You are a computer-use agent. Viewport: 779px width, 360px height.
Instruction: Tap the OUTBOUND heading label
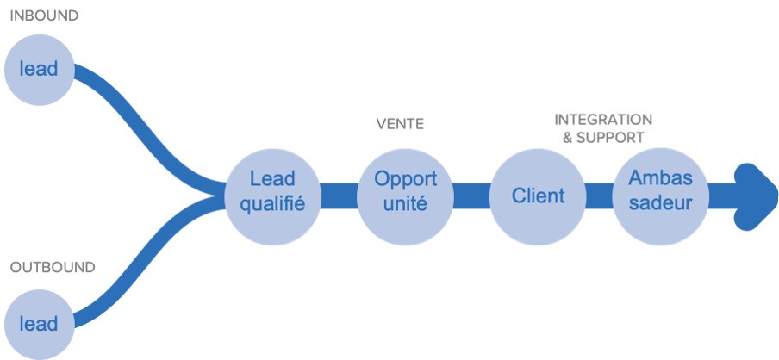(x=53, y=267)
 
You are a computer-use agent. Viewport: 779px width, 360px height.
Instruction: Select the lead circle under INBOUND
(x=39, y=68)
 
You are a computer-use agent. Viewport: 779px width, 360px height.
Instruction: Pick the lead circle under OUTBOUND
(x=39, y=324)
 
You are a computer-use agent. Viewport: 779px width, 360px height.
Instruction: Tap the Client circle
(x=538, y=195)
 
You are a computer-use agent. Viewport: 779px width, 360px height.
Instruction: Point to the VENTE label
(x=400, y=124)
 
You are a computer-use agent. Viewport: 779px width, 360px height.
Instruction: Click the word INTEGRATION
(x=603, y=120)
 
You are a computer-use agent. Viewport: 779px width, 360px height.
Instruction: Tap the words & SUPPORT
(x=603, y=138)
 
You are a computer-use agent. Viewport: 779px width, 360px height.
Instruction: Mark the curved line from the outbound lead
(x=146, y=267)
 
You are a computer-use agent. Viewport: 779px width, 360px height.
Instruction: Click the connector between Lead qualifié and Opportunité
(x=339, y=195)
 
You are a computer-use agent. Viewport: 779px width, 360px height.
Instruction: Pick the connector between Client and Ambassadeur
(x=600, y=195)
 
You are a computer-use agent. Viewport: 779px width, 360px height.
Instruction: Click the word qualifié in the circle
(x=272, y=205)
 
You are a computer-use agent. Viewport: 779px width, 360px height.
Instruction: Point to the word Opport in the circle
(x=405, y=179)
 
